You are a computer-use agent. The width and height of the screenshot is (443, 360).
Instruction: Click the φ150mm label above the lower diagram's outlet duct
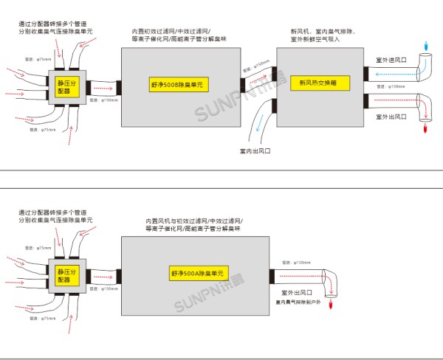[x=298, y=262]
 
